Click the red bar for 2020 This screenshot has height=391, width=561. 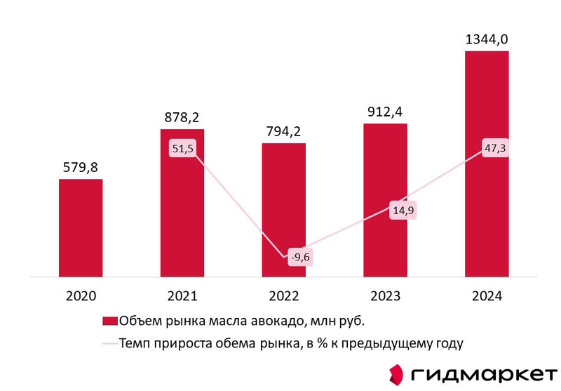point(81,228)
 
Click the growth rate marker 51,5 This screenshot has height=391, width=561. point(182,149)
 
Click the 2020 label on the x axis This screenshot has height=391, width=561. point(81,297)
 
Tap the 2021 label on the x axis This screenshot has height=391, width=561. point(182,297)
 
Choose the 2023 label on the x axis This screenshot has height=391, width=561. point(385,297)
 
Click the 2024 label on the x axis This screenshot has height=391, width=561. point(487,297)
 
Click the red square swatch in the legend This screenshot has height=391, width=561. point(110,322)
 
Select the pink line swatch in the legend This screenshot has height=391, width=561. point(110,343)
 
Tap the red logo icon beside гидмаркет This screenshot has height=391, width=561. point(397,372)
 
